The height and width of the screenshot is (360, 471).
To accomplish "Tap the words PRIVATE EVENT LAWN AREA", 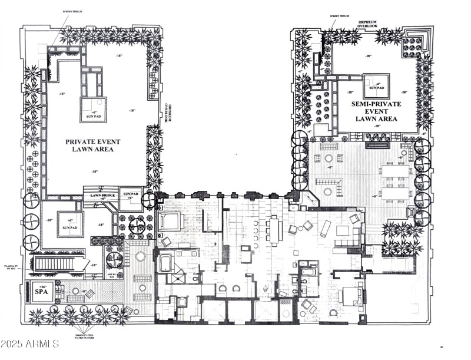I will tap(89, 145).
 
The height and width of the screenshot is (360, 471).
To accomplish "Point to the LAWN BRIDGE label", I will tap(102, 196).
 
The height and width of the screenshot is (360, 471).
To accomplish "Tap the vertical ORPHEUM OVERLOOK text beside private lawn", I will tap(167, 109).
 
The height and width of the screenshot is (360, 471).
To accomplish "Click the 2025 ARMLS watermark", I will tap(29, 343).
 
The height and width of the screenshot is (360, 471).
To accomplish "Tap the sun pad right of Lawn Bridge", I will tap(130, 196).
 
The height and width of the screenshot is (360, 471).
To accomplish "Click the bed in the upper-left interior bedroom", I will tap(170, 222).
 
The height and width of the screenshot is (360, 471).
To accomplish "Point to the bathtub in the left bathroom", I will tap(165, 262).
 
